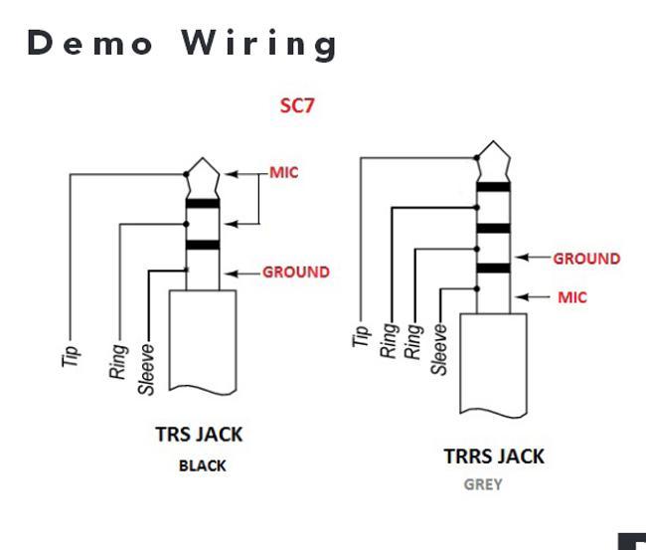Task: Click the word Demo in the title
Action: (90, 43)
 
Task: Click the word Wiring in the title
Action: (259, 45)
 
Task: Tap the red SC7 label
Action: (296, 105)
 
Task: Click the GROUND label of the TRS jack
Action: (295, 272)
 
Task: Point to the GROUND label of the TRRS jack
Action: (586, 259)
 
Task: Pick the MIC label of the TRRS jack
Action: (571, 296)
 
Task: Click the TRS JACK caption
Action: (199, 435)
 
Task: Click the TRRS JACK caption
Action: (494, 457)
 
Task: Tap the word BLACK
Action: (203, 464)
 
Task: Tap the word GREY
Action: (483, 485)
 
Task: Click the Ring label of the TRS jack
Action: (118, 360)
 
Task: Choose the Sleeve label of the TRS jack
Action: (146, 371)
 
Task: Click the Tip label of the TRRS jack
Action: (361, 336)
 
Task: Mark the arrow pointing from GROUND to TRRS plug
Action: (534, 259)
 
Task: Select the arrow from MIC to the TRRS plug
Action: (537, 296)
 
